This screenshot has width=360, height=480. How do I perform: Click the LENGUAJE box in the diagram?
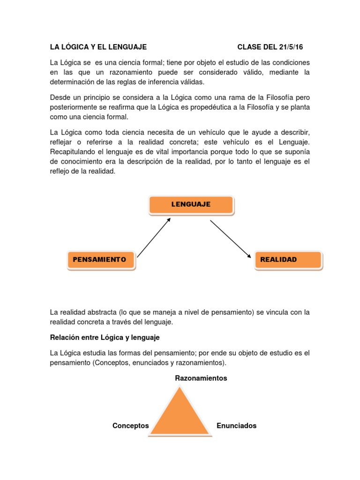coord(191,205)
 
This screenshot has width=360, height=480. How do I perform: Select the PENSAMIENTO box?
coord(101,260)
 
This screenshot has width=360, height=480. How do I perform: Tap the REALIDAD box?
coord(288,260)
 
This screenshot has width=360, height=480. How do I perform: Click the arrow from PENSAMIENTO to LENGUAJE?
coord(154,238)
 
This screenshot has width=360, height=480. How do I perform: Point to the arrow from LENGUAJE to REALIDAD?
coord(230,239)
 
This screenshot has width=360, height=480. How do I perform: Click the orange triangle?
coord(180,412)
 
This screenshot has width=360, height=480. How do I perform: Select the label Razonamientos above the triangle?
coord(201,378)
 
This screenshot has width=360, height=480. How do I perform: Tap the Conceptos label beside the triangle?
coord(130,426)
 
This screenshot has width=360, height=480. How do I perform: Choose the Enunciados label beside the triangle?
coord(236,426)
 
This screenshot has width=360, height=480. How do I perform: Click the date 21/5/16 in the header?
coord(292,47)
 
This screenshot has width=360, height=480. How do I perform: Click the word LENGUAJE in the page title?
coord(126,47)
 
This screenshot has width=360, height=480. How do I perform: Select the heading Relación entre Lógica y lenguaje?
coord(105,337)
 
